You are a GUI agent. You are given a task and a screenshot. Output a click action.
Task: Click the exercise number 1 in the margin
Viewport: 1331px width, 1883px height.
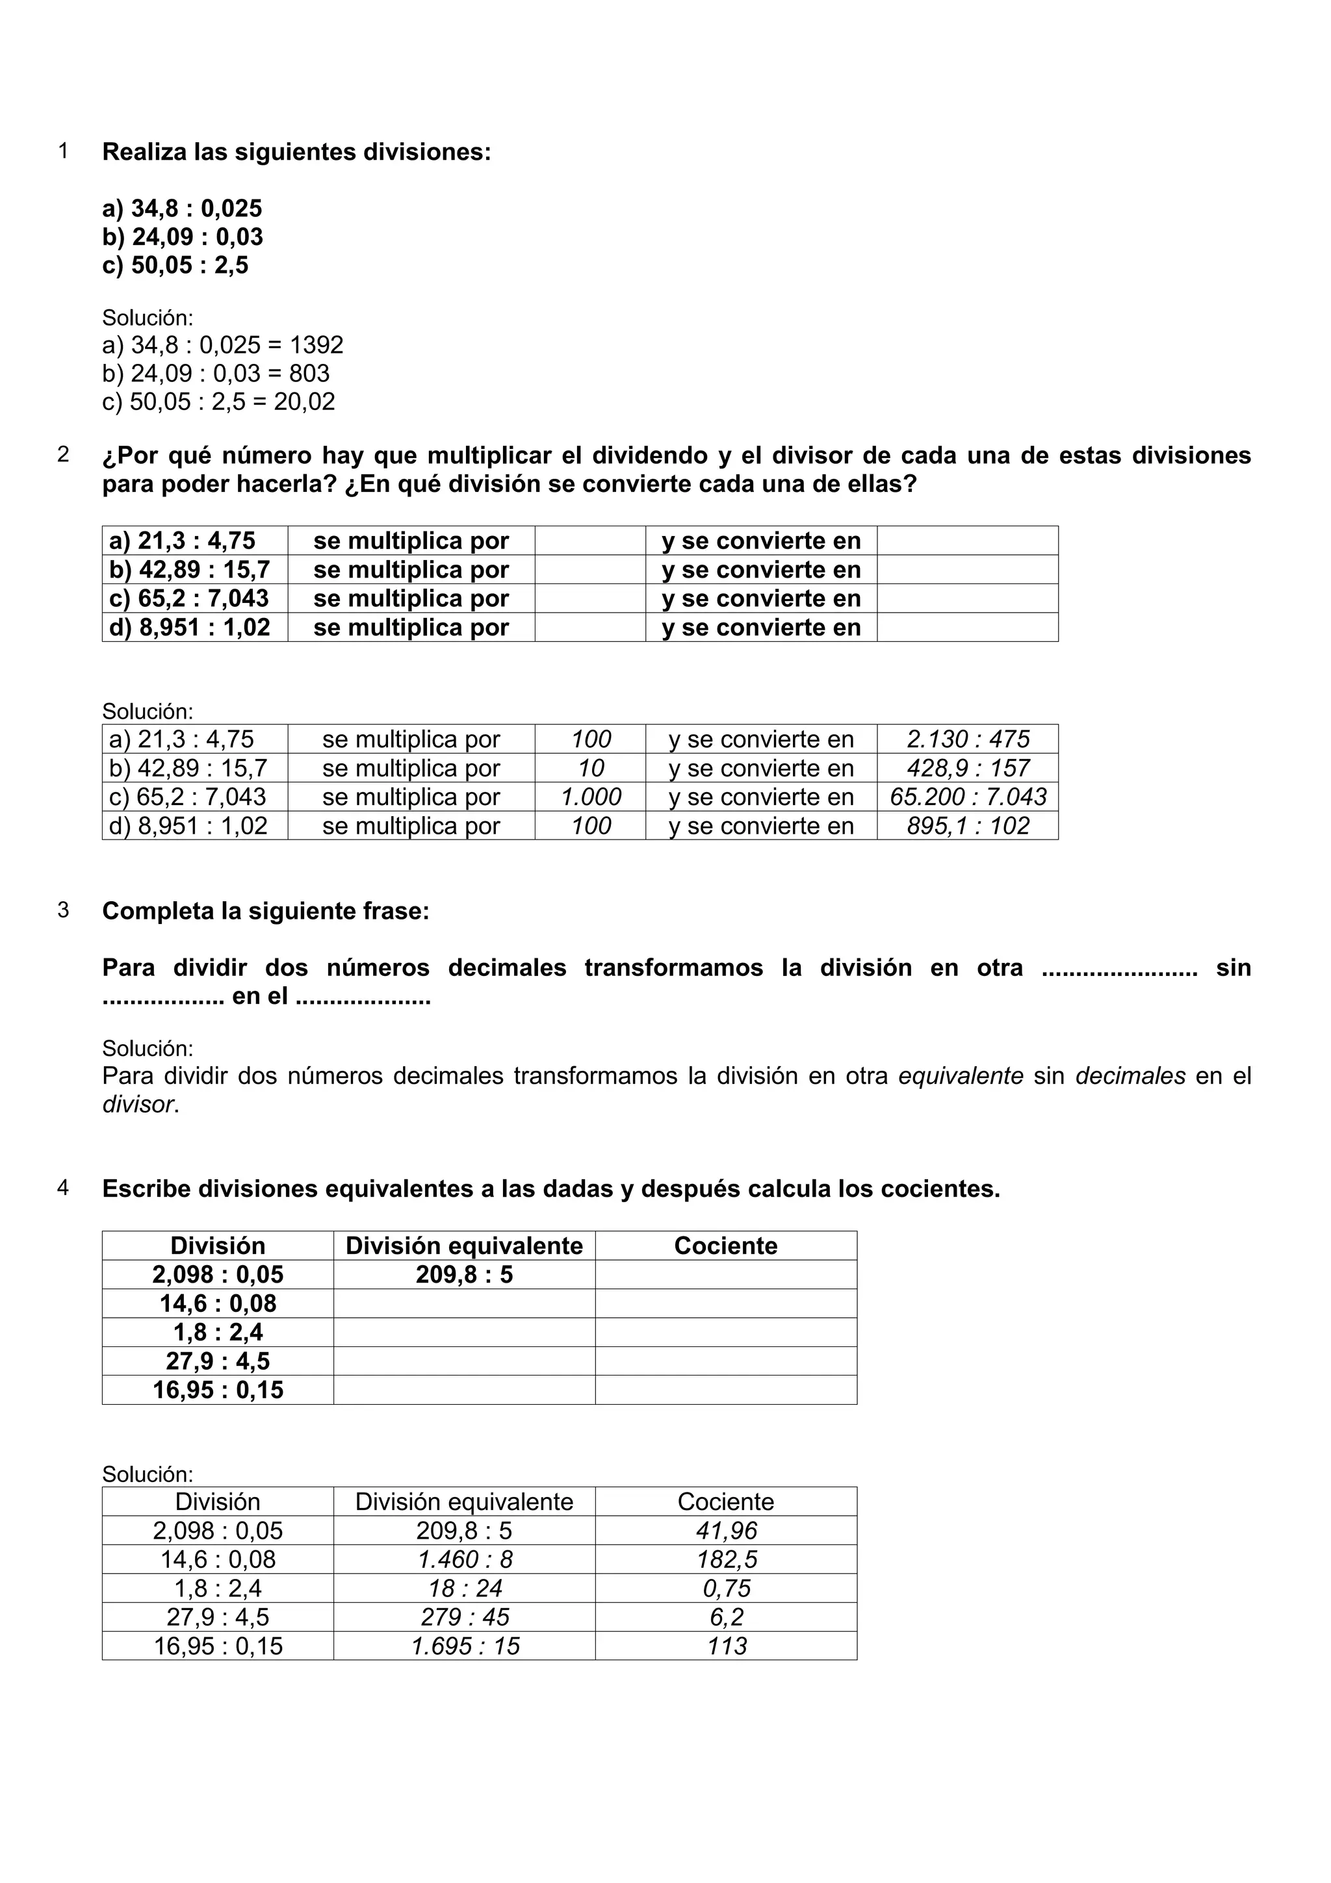pos(63,152)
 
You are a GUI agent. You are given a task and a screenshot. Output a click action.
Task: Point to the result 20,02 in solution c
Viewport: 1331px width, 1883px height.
pos(304,402)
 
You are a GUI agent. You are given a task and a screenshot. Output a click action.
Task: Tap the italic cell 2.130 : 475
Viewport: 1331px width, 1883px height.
pos(968,739)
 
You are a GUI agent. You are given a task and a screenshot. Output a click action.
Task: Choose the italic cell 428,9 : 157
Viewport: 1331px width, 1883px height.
pos(968,769)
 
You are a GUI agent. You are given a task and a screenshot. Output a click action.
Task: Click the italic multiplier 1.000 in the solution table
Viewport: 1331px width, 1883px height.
pos(591,797)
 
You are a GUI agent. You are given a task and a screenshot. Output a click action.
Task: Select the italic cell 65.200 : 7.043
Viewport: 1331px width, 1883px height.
pos(968,797)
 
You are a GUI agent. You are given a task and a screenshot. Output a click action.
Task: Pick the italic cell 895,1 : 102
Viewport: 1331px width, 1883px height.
pos(968,826)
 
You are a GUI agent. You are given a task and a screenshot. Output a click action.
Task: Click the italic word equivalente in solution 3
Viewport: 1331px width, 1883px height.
pos(961,1076)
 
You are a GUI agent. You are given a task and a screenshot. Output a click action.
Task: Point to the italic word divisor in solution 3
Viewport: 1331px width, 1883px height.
pos(138,1105)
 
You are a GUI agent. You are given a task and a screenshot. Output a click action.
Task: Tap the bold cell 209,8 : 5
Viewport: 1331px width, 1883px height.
pos(464,1274)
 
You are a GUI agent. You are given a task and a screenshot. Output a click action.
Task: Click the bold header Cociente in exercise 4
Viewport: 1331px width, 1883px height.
pos(726,1246)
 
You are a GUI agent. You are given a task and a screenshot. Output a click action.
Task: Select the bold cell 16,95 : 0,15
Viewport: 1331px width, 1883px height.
pos(218,1390)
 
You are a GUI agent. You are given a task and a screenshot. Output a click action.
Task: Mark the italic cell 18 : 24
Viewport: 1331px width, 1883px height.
pos(465,1589)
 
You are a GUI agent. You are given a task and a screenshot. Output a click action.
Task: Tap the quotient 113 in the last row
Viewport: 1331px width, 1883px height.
pos(727,1646)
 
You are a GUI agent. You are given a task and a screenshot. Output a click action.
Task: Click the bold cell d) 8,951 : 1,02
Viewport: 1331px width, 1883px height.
pos(190,628)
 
